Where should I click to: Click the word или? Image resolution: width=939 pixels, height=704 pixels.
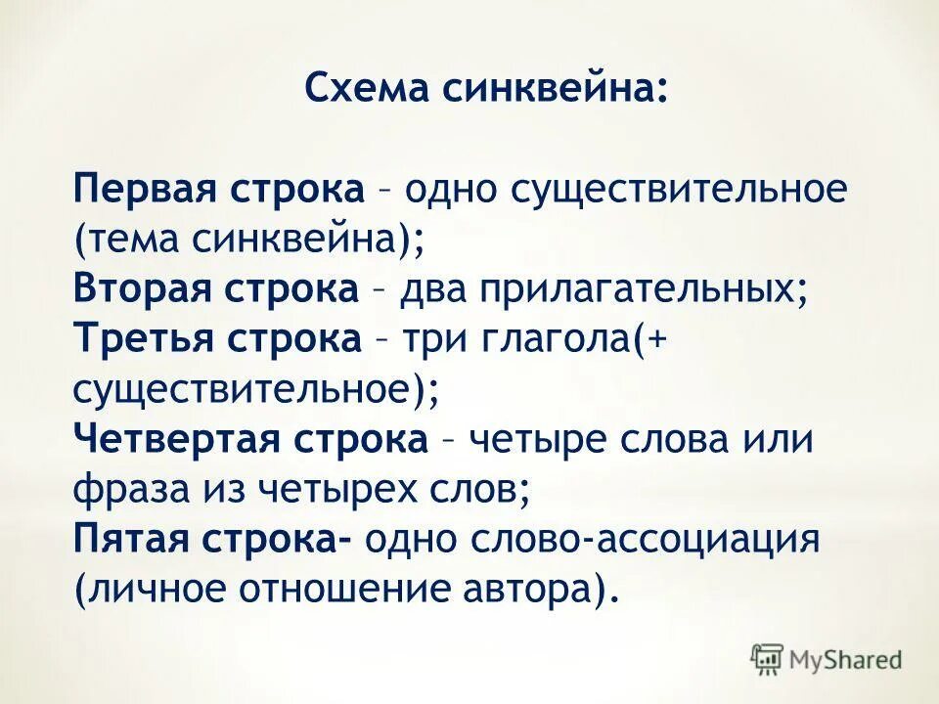[780, 440]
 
